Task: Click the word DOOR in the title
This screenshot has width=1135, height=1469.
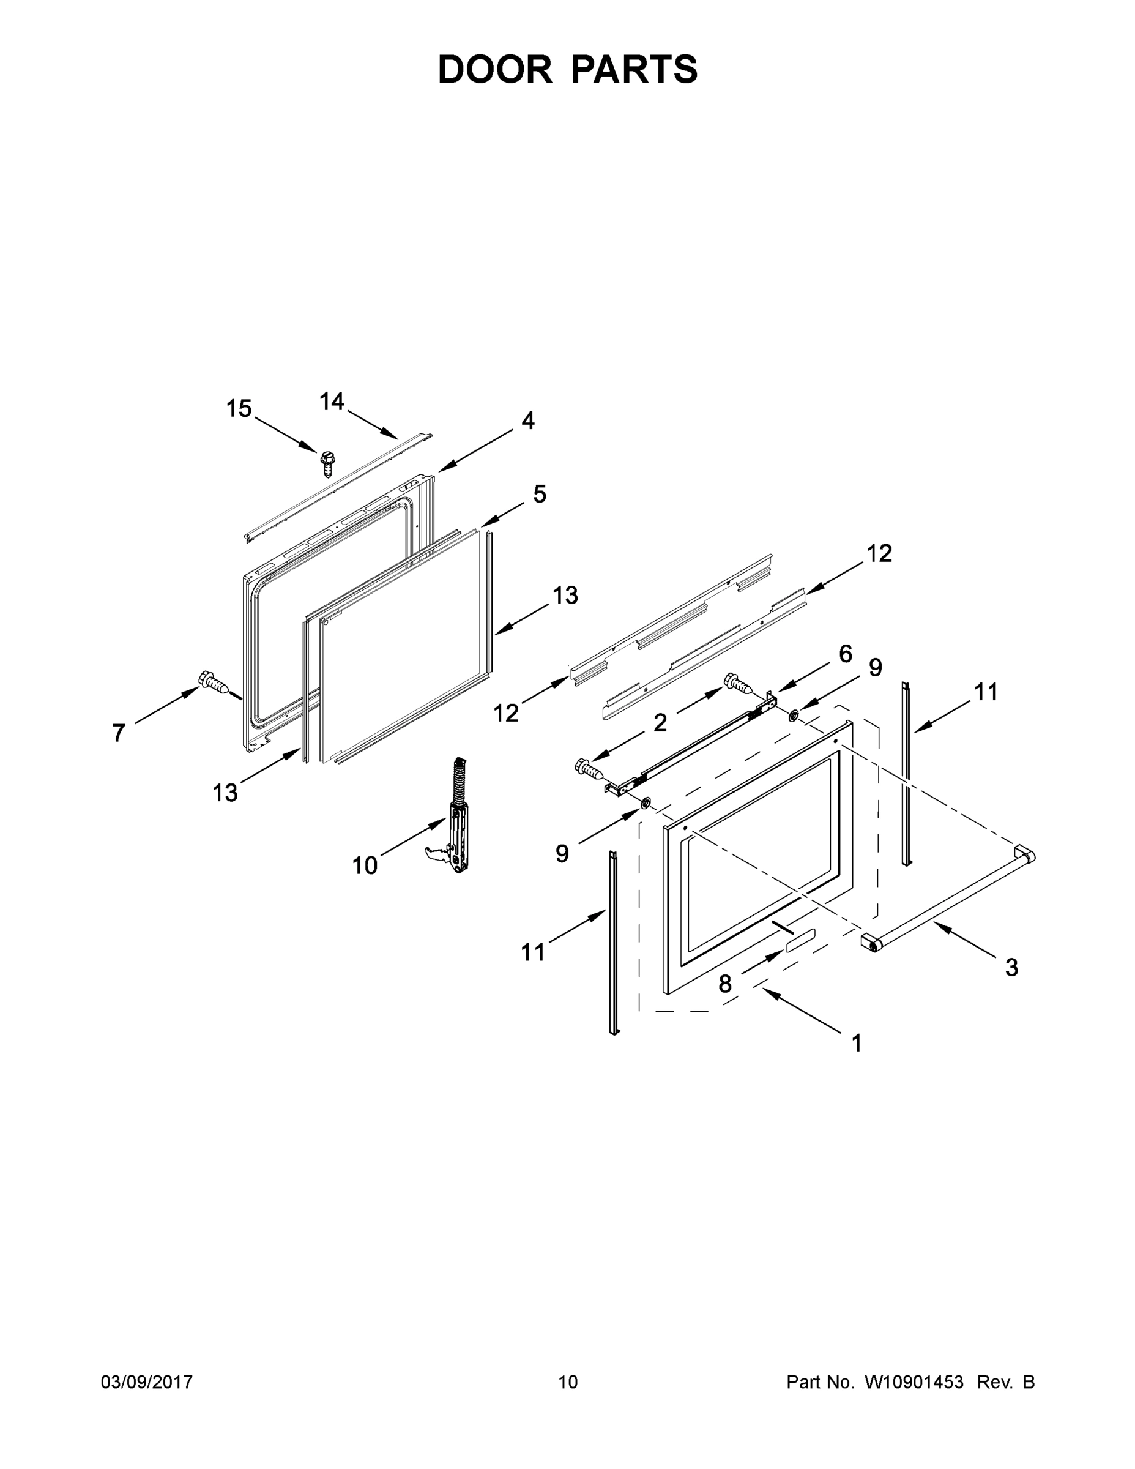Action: click(x=495, y=69)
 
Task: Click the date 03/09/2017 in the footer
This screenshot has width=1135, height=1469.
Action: click(x=147, y=1381)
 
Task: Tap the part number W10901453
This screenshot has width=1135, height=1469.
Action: click(x=914, y=1381)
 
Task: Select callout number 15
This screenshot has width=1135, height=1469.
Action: click(x=239, y=408)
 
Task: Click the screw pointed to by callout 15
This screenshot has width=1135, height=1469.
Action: click(x=327, y=463)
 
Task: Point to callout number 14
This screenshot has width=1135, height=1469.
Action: click(x=332, y=402)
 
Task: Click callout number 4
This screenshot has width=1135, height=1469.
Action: click(x=528, y=421)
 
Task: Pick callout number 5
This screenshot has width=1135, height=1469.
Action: click(x=539, y=495)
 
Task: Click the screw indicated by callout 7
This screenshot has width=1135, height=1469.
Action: click(x=213, y=683)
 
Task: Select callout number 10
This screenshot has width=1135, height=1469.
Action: click(x=365, y=865)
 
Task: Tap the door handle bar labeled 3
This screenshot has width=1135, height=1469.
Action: click(x=948, y=902)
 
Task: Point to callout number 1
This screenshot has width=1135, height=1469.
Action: click(x=856, y=1043)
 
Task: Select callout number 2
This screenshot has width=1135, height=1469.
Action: click(x=660, y=723)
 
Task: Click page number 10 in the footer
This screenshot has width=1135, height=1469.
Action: click(x=568, y=1381)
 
